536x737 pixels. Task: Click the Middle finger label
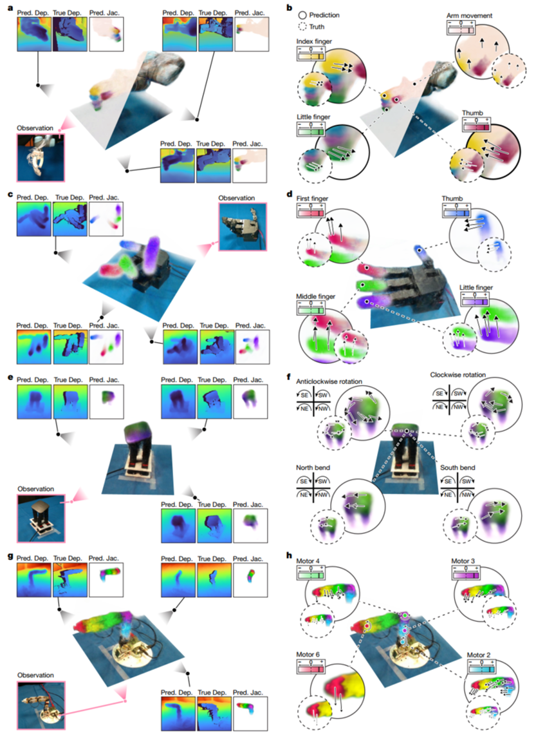[313, 296]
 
